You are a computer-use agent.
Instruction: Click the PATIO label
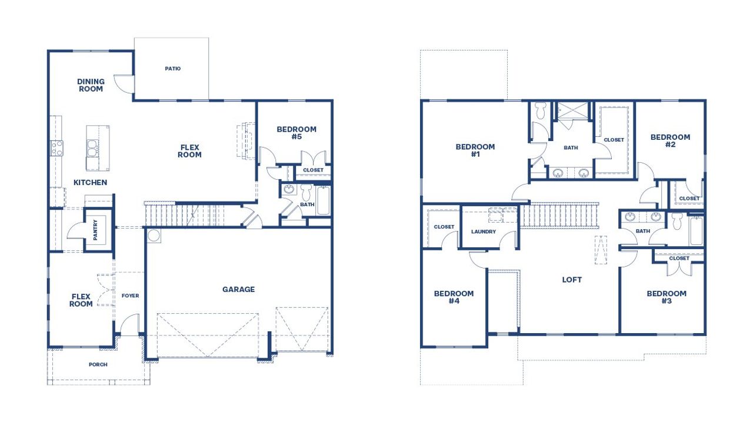(x=172, y=69)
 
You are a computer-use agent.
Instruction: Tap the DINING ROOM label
(x=91, y=85)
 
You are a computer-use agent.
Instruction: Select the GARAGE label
(x=238, y=289)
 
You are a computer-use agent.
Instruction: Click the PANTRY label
(x=95, y=230)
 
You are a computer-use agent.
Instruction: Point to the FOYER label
(x=130, y=296)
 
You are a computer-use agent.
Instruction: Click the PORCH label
(x=98, y=364)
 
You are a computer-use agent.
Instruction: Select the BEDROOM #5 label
(x=296, y=133)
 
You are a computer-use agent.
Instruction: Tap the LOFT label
(x=572, y=280)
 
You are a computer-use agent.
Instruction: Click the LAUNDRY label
(x=484, y=231)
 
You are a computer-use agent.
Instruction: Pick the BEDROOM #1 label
(x=475, y=150)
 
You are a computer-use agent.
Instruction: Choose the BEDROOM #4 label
(x=454, y=297)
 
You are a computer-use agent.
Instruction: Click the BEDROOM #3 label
(x=667, y=297)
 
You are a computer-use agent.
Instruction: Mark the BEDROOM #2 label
(x=670, y=141)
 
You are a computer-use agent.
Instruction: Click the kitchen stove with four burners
(x=57, y=148)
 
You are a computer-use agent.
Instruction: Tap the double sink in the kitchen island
(x=93, y=147)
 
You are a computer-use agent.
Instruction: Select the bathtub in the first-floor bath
(x=324, y=201)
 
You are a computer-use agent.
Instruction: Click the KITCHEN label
(x=90, y=183)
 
